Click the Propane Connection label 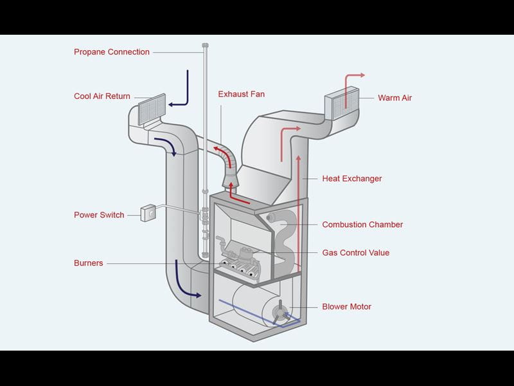[x=111, y=52]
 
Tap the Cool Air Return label [x=102, y=96]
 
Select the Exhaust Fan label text [x=241, y=94]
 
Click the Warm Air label [x=394, y=98]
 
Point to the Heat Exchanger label [x=351, y=178]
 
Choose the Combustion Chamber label [x=362, y=225]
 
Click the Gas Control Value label [x=355, y=253]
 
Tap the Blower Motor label [x=346, y=307]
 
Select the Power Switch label [x=99, y=215]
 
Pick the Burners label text [x=88, y=263]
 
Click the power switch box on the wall [x=148, y=212]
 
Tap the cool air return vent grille [x=152, y=109]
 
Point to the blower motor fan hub [x=279, y=314]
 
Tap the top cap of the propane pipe [x=205, y=45]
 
